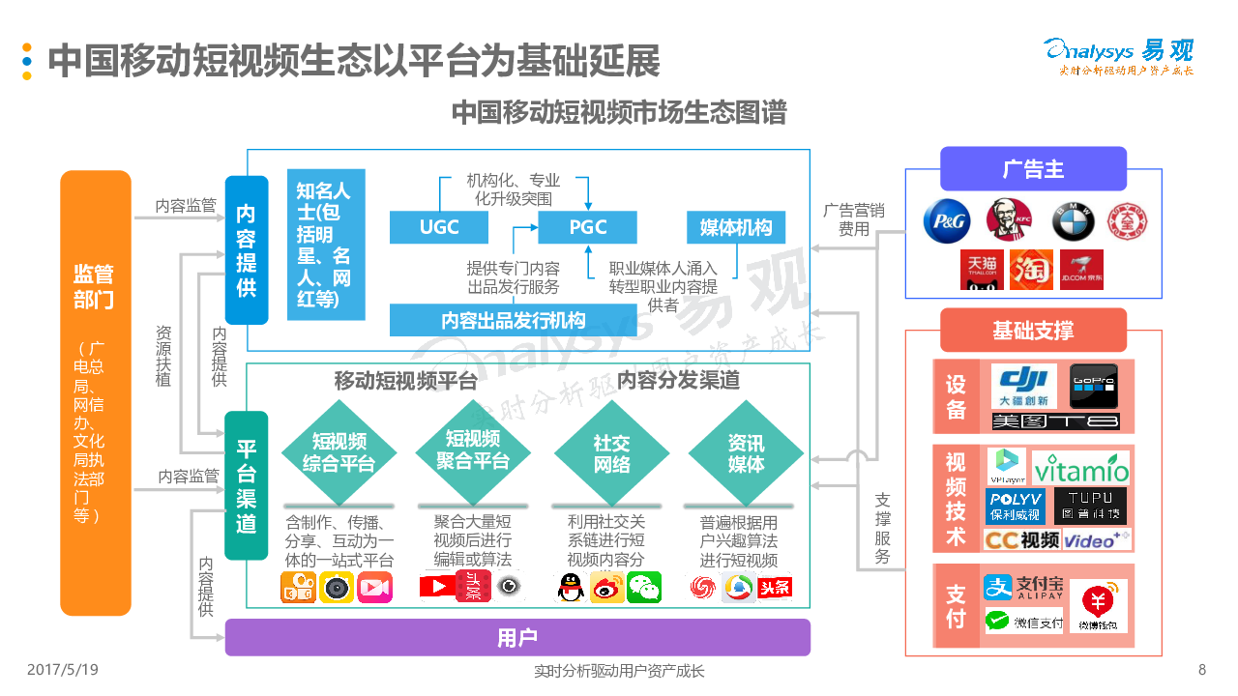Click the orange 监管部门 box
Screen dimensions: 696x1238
click(95, 392)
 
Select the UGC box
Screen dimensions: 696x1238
click(438, 227)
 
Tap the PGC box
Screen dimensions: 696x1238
click(587, 227)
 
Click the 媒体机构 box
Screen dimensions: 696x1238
click(736, 227)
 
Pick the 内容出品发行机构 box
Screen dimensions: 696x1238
click(514, 320)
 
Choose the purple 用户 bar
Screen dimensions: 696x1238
click(517, 638)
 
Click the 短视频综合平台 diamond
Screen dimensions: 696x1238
click(339, 452)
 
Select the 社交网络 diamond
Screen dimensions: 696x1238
click(611, 452)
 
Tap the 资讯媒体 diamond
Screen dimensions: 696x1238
click(746, 452)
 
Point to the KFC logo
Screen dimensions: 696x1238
click(1009, 220)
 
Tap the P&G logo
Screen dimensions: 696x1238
click(946, 221)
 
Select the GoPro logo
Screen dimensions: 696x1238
click(1093, 386)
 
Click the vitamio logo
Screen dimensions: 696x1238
click(1081, 469)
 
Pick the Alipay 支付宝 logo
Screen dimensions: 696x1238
click(1024, 587)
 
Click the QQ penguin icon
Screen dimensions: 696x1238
click(573, 587)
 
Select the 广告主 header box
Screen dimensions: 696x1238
click(1033, 169)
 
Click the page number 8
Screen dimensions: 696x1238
click(1202, 670)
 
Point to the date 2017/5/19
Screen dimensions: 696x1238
click(62, 669)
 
